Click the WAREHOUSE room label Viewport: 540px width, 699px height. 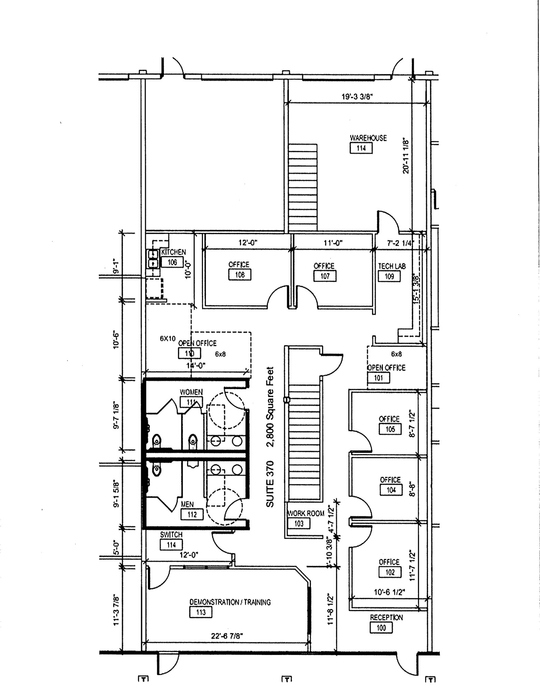click(x=368, y=138)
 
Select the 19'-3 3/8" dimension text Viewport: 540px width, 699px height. click(x=357, y=97)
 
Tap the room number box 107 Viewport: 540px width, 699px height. click(x=325, y=276)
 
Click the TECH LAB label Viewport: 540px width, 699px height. click(x=392, y=266)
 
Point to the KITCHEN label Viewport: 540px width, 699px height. click(x=174, y=252)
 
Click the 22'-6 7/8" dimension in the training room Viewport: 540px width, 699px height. click(x=227, y=636)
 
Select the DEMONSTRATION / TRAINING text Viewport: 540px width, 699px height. click(x=230, y=602)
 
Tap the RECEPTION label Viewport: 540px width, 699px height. click(x=386, y=617)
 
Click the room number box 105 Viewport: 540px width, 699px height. click(x=390, y=429)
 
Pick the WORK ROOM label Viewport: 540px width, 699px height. click(x=306, y=513)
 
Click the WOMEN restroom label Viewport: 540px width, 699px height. click(x=191, y=392)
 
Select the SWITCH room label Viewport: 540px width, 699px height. click(x=171, y=535)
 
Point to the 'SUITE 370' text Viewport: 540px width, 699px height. click(x=270, y=484)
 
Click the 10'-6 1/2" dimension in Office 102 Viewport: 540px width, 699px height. click(x=389, y=592)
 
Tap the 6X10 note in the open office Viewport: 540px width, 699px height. click(x=168, y=339)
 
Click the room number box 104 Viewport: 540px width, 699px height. click(x=391, y=490)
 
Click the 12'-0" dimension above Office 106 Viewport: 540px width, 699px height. click(x=247, y=243)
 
